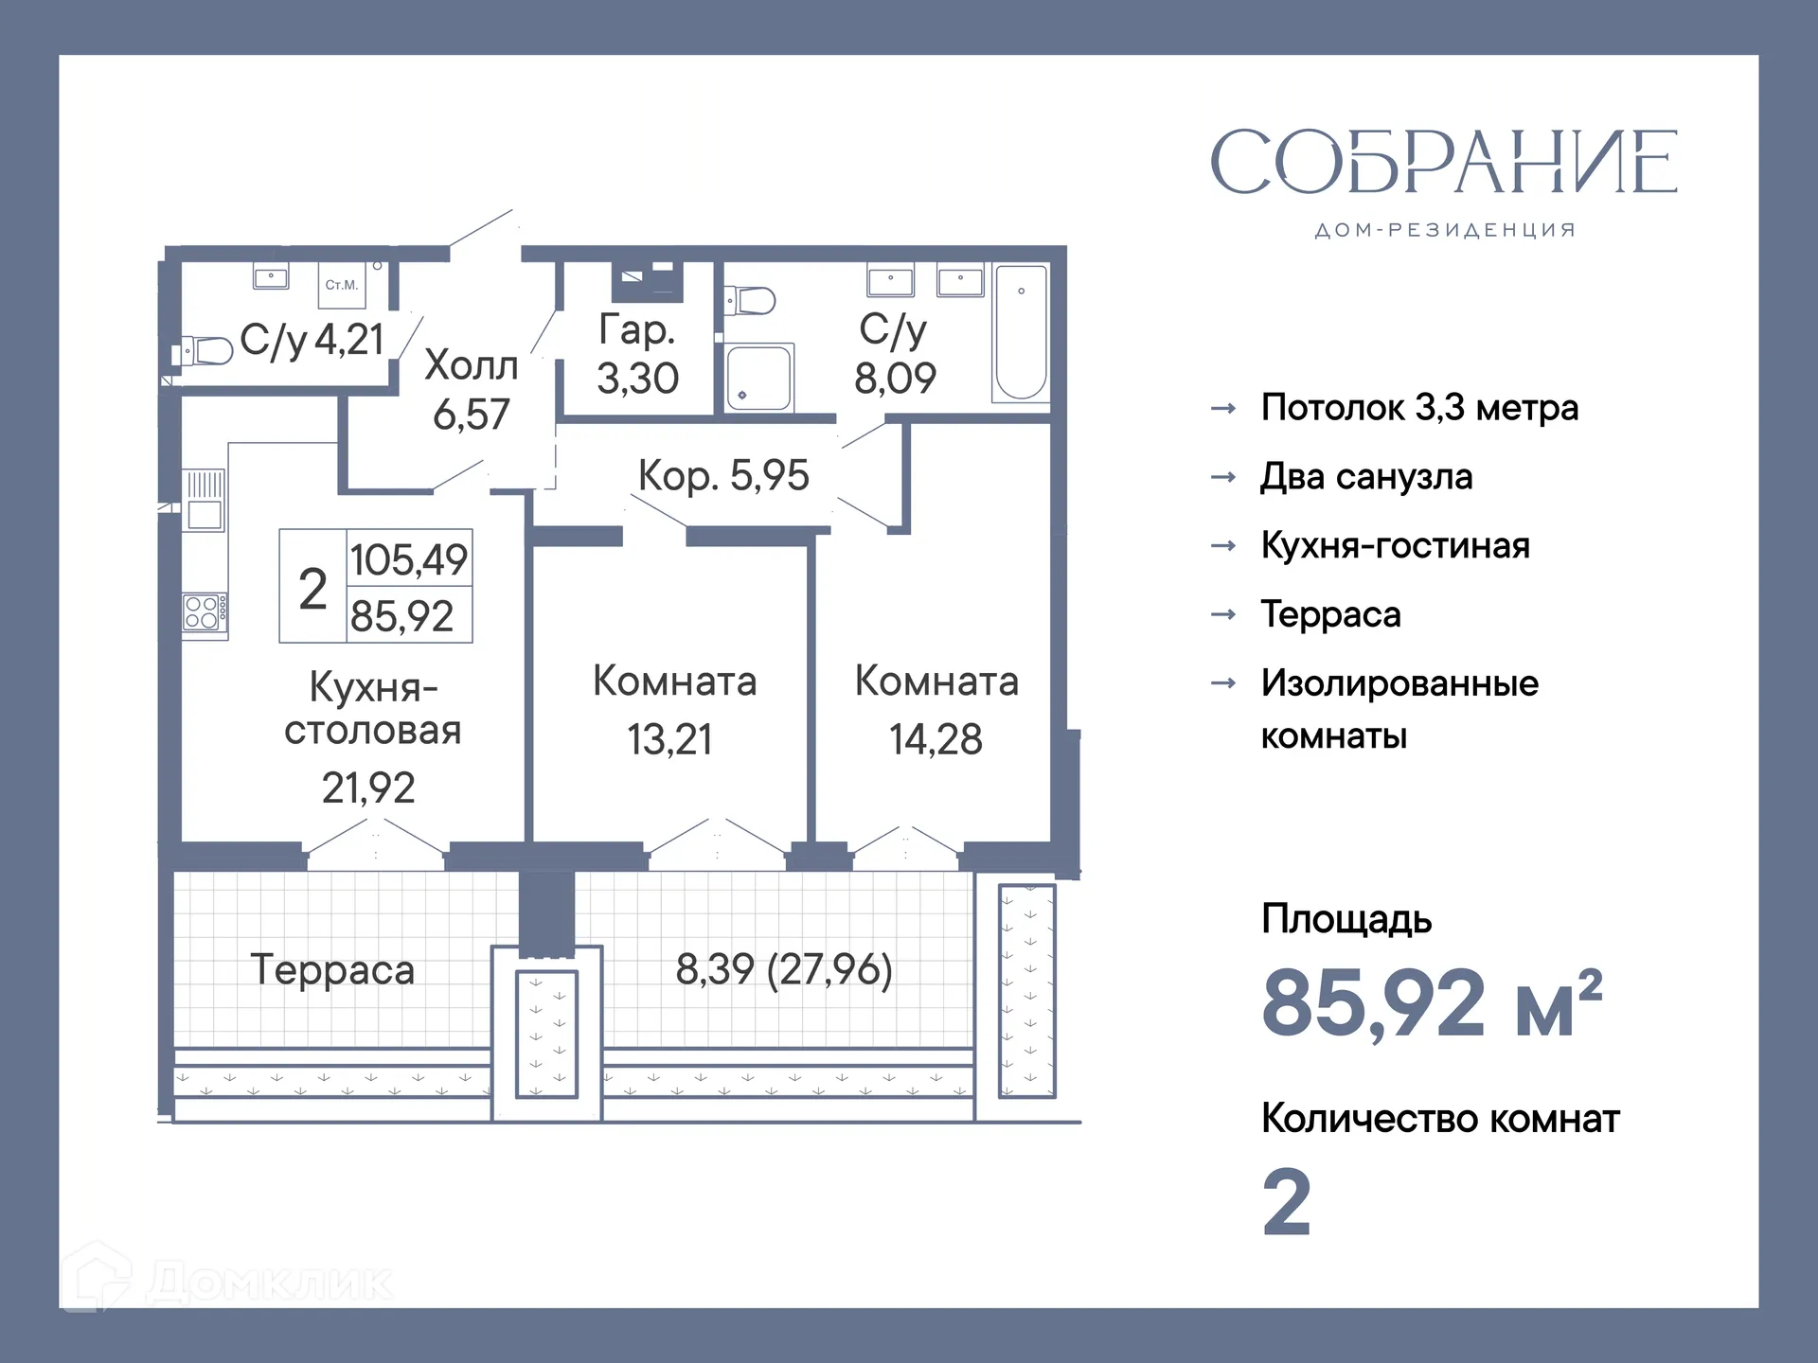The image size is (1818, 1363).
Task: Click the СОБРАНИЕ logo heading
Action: tap(1444, 163)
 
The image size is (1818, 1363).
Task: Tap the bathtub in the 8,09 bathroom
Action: tap(1021, 333)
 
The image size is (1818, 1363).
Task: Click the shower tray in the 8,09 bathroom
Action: tap(758, 378)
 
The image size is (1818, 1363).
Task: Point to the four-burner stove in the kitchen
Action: tap(205, 612)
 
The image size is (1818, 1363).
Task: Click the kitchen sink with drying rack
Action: tap(205, 501)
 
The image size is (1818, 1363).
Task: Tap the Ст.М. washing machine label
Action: tap(341, 285)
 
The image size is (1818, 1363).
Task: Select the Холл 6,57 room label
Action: tap(471, 389)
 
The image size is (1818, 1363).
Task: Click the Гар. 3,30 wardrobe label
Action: tap(637, 353)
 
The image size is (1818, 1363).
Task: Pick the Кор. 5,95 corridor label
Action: tap(723, 475)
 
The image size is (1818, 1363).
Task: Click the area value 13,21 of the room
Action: tap(669, 739)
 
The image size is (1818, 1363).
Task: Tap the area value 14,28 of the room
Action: tap(936, 739)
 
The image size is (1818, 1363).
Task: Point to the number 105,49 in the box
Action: tap(409, 559)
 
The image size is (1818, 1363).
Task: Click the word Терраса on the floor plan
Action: tap(332, 970)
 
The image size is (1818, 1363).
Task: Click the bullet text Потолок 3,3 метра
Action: tap(1418, 408)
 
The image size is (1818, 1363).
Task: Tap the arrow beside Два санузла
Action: tap(1223, 477)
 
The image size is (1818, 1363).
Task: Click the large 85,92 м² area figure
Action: tap(1431, 1003)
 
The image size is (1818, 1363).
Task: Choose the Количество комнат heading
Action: tap(1439, 1119)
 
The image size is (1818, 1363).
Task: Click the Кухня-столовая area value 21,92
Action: tap(368, 788)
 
